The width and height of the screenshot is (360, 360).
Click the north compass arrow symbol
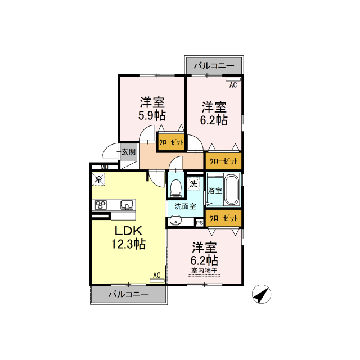point(261,294)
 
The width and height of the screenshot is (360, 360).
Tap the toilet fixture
point(176,187)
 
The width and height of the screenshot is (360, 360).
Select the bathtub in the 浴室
point(231,190)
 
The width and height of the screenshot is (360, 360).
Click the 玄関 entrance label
point(128,152)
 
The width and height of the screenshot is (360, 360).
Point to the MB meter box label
point(105,167)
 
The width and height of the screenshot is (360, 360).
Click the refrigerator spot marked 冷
point(98,179)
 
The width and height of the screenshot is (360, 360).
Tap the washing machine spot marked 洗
point(193,184)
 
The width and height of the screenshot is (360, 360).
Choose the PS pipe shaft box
point(200,223)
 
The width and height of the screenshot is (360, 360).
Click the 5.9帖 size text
point(152,116)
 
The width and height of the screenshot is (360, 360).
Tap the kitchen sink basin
point(127,205)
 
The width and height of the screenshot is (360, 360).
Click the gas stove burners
point(101,205)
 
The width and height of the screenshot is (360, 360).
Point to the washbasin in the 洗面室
point(175,221)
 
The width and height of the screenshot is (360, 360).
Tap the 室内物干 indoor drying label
point(204,271)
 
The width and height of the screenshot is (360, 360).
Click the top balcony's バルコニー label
point(214,66)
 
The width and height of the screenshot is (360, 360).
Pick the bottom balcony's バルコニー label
point(129,294)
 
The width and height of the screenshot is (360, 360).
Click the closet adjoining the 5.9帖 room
point(171,142)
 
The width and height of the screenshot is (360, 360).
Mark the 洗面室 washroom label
point(185,206)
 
